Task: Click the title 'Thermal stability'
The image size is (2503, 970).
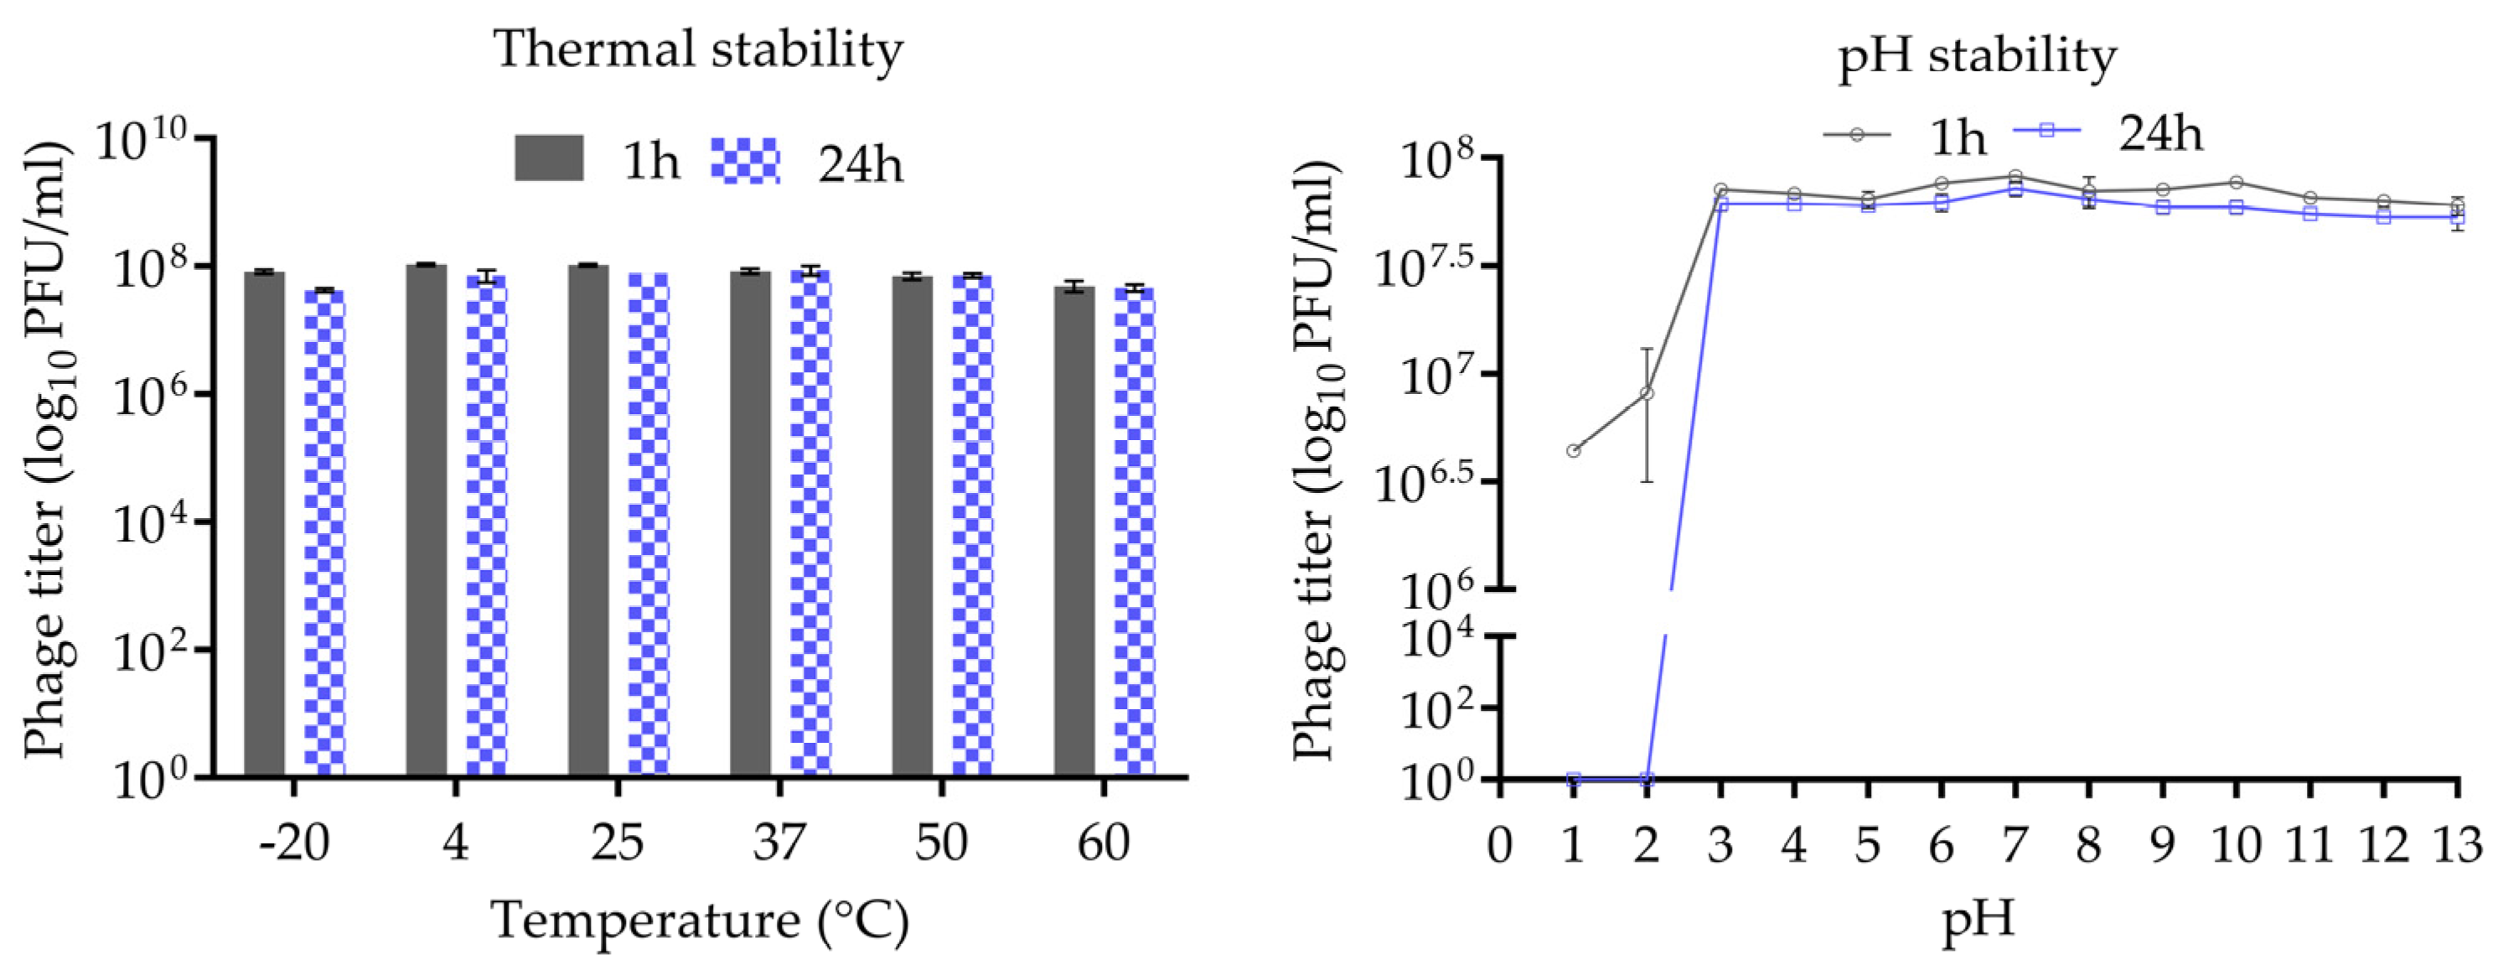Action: pyautogui.click(x=699, y=49)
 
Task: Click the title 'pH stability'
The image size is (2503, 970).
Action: pyautogui.click(x=1977, y=55)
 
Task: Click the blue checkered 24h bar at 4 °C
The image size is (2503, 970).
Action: pyautogui.click(x=486, y=525)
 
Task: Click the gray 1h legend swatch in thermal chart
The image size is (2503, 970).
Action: pyautogui.click(x=549, y=158)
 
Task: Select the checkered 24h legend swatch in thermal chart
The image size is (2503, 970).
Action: pyautogui.click(x=745, y=160)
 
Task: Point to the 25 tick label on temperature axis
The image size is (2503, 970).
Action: pyautogui.click(x=617, y=842)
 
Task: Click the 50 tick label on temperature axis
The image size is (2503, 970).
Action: pyautogui.click(x=940, y=842)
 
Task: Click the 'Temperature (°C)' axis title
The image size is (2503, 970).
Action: pyautogui.click(x=699, y=920)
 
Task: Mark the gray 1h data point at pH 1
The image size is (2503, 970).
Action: pyautogui.click(x=1573, y=450)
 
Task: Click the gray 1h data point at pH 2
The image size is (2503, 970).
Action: pyautogui.click(x=1647, y=392)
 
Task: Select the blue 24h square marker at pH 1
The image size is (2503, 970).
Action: pyautogui.click(x=1573, y=779)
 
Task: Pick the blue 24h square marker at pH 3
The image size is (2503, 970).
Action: pyautogui.click(x=1721, y=204)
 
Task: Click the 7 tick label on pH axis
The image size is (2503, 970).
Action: pyautogui.click(x=2014, y=844)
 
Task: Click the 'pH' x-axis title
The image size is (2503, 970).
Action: pyautogui.click(x=1978, y=919)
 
